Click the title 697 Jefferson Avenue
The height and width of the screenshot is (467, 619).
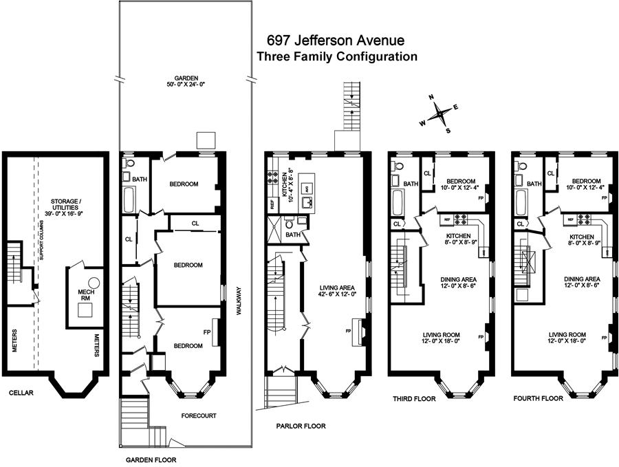[336, 41]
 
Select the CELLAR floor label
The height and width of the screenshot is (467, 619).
[21, 393]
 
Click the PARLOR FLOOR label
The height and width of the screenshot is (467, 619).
[301, 426]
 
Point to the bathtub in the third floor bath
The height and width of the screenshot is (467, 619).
[397, 204]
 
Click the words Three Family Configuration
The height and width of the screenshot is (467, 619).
[336, 57]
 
